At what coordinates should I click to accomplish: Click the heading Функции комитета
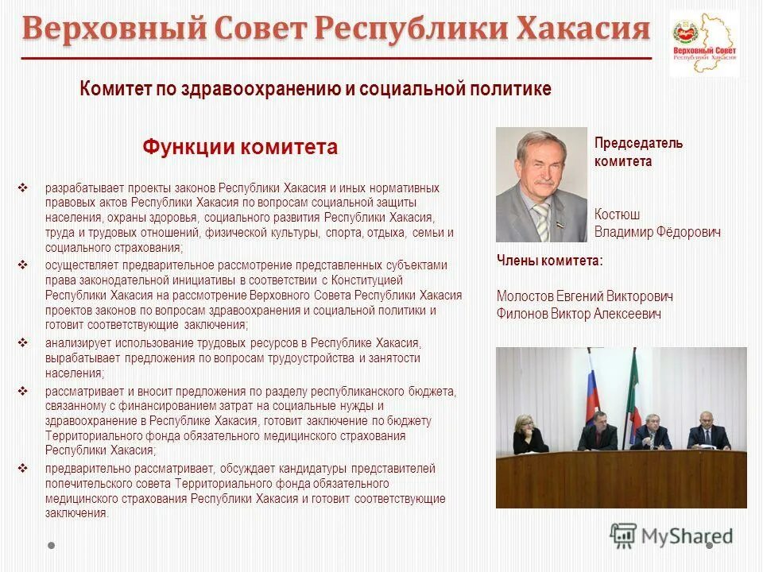point(240,147)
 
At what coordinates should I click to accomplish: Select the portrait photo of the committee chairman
point(541,185)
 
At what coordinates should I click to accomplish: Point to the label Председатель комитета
point(638,152)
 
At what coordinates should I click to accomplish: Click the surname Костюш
point(617,214)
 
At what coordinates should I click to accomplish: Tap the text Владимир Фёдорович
point(657,233)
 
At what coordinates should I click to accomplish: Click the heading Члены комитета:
point(549,260)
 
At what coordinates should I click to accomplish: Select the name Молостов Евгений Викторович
point(584,296)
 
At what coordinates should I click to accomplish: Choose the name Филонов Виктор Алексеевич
point(579,315)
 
